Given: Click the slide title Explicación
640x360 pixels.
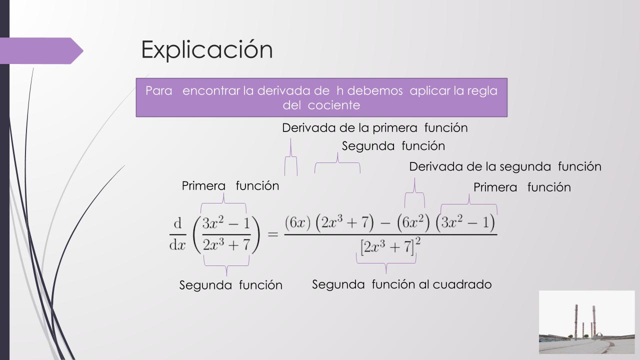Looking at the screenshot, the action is point(207,49).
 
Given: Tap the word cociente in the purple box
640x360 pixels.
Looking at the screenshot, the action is point(333,105).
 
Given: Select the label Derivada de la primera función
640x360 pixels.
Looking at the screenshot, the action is point(375,127).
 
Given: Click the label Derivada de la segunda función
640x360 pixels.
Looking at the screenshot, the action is point(505,166).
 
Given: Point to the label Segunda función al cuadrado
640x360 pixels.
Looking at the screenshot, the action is point(401,284).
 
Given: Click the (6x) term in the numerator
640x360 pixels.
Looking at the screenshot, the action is point(297,222).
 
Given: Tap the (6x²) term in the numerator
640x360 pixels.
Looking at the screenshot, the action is point(413,222).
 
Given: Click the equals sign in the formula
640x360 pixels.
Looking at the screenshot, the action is point(273,234).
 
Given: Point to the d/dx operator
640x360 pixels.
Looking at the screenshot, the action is point(177,234).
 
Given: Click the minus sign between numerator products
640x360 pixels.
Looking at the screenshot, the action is point(385,223).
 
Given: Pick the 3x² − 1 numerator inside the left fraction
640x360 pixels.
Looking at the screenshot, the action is point(226,223).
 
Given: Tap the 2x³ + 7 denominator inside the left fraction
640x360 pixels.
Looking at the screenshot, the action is point(226,245).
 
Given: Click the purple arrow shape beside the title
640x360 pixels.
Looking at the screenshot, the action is point(41,51).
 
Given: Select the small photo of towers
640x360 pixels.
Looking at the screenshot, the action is point(587,322).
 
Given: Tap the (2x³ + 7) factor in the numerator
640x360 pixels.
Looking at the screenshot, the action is point(344,222).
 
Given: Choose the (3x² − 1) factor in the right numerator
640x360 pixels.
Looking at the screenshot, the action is point(465,222).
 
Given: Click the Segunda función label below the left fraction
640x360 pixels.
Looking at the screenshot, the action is point(231,285).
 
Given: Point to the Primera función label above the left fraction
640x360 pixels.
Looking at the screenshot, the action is point(230,186).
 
